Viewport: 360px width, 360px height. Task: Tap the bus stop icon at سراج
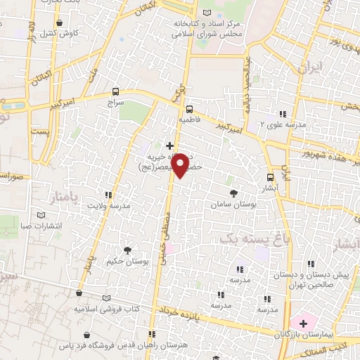click(116, 92)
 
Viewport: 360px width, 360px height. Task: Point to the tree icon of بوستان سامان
click(233, 192)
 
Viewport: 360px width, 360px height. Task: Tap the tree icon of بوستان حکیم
click(127, 250)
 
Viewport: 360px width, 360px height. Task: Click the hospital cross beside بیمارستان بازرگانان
click(303, 323)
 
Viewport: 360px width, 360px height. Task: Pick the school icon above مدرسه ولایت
click(108, 195)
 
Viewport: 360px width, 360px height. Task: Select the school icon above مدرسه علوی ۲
click(282, 113)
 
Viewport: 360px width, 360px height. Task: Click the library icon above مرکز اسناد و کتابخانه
click(207, 13)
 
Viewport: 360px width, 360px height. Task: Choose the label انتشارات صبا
click(58, 226)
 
